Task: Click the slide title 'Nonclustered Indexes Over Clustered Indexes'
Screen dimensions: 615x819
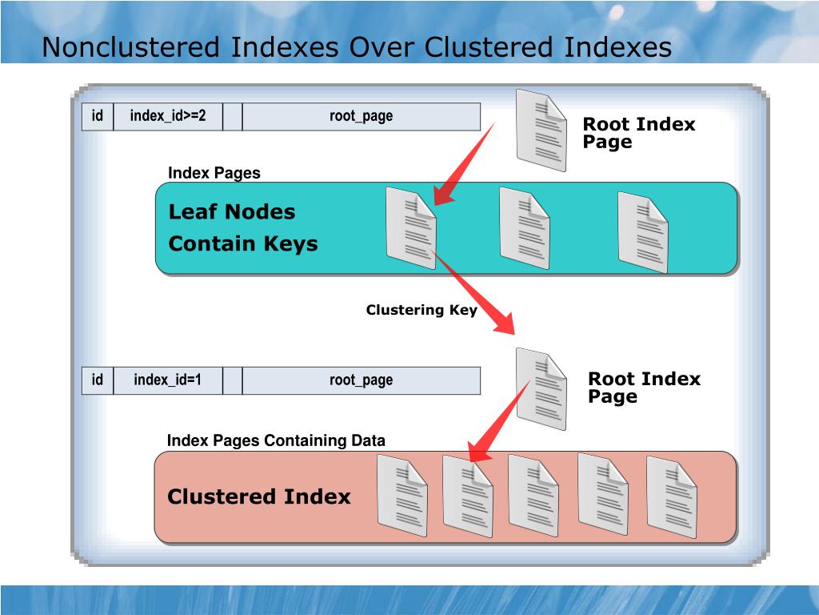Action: [x=357, y=47]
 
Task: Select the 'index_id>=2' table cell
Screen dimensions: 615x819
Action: [x=168, y=116]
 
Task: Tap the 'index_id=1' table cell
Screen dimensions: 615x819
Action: [x=168, y=380]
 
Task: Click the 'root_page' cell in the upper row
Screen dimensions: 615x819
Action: [x=361, y=116]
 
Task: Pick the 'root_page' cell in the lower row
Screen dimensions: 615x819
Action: [x=361, y=380]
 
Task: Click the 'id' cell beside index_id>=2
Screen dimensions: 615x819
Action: [x=98, y=116]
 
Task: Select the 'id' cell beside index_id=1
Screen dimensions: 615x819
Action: [x=98, y=380]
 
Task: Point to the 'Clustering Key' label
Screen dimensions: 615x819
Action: [x=421, y=311]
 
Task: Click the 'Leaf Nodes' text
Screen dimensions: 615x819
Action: [x=232, y=212]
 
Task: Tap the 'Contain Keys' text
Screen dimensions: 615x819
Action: [x=243, y=244]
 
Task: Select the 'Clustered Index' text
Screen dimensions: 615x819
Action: [x=259, y=497]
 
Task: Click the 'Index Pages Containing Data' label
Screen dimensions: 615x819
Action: [x=276, y=441]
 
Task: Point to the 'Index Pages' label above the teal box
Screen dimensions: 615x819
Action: [x=214, y=174]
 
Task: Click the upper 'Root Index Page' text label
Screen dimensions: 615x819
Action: [x=638, y=133]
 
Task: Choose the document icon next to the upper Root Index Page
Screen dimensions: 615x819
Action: [x=541, y=130]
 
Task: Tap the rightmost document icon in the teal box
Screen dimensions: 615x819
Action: [x=643, y=232]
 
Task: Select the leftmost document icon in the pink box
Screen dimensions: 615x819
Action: [x=402, y=495]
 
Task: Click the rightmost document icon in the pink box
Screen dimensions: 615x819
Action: [x=672, y=496]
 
